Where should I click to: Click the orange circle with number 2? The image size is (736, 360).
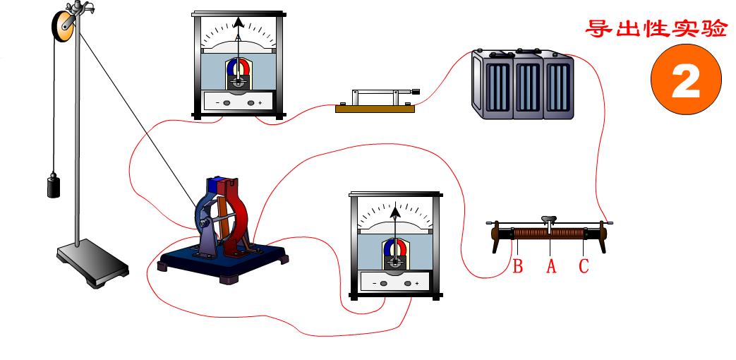point(686,79)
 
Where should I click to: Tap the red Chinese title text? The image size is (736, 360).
point(656,29)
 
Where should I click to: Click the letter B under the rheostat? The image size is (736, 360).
point(518,266)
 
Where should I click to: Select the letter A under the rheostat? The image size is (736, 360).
point(551,266)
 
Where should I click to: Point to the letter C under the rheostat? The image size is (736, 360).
point(584,266)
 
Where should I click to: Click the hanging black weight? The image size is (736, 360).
point(54,185)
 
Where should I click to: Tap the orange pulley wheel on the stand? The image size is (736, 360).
point(64,26)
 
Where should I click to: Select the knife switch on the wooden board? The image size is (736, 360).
point(375,100)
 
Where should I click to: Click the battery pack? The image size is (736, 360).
point(522,84)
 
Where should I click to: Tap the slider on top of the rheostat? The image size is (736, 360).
point(549,220)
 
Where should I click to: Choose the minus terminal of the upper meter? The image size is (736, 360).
point(227,103)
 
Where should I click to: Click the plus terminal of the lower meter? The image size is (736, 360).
point(408,284)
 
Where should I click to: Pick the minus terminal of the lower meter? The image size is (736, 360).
point(383,284)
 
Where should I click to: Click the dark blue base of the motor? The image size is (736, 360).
point(224,261)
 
